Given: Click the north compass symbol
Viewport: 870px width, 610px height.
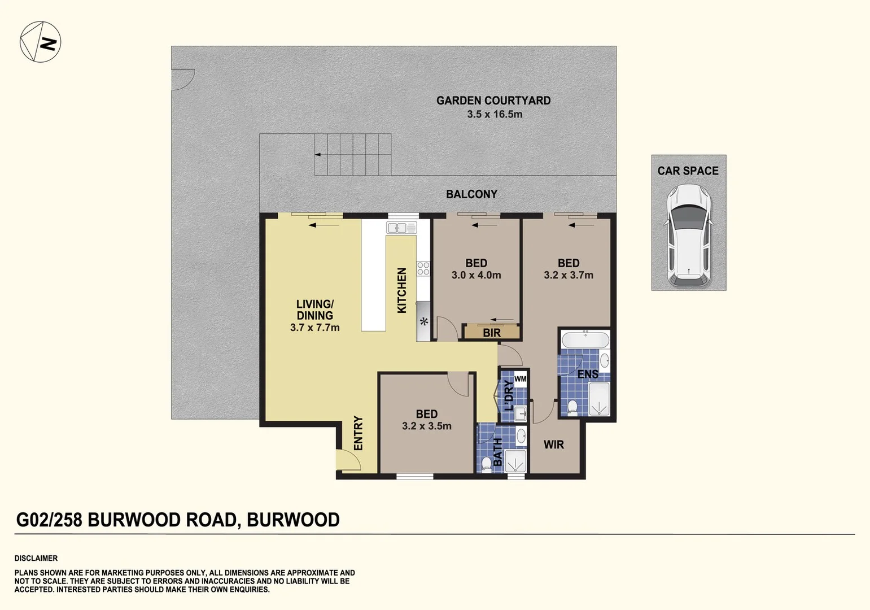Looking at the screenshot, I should click(40, 42).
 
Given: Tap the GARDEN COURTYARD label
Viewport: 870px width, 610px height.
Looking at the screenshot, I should click(493, 101).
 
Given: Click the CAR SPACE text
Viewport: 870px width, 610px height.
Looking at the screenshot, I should click(688, 171).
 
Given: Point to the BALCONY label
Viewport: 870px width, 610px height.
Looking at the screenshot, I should click(471, 194).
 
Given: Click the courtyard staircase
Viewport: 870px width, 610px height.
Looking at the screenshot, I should click(353, 154).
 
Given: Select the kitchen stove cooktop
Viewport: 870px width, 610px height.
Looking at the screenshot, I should click(423, 268).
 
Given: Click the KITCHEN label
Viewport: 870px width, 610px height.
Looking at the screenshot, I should click(402, 290).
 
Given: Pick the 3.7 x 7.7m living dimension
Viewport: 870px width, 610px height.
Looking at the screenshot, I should click(314, 328).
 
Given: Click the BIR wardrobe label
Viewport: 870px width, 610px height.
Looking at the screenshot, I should click(491, 333).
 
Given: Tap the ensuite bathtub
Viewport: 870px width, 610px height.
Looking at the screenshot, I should click(585, 341).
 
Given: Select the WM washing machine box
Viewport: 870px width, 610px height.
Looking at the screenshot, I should click(520, 379).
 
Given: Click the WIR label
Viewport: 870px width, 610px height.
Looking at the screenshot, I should click(553, 445).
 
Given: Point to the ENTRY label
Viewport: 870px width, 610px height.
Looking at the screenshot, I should click(358, 433).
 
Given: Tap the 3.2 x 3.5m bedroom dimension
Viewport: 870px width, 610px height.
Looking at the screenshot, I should click(426, 426).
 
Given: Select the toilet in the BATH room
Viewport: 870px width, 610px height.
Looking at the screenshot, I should click(487, 464).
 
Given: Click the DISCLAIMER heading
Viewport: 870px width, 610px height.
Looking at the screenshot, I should click(36, 558).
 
